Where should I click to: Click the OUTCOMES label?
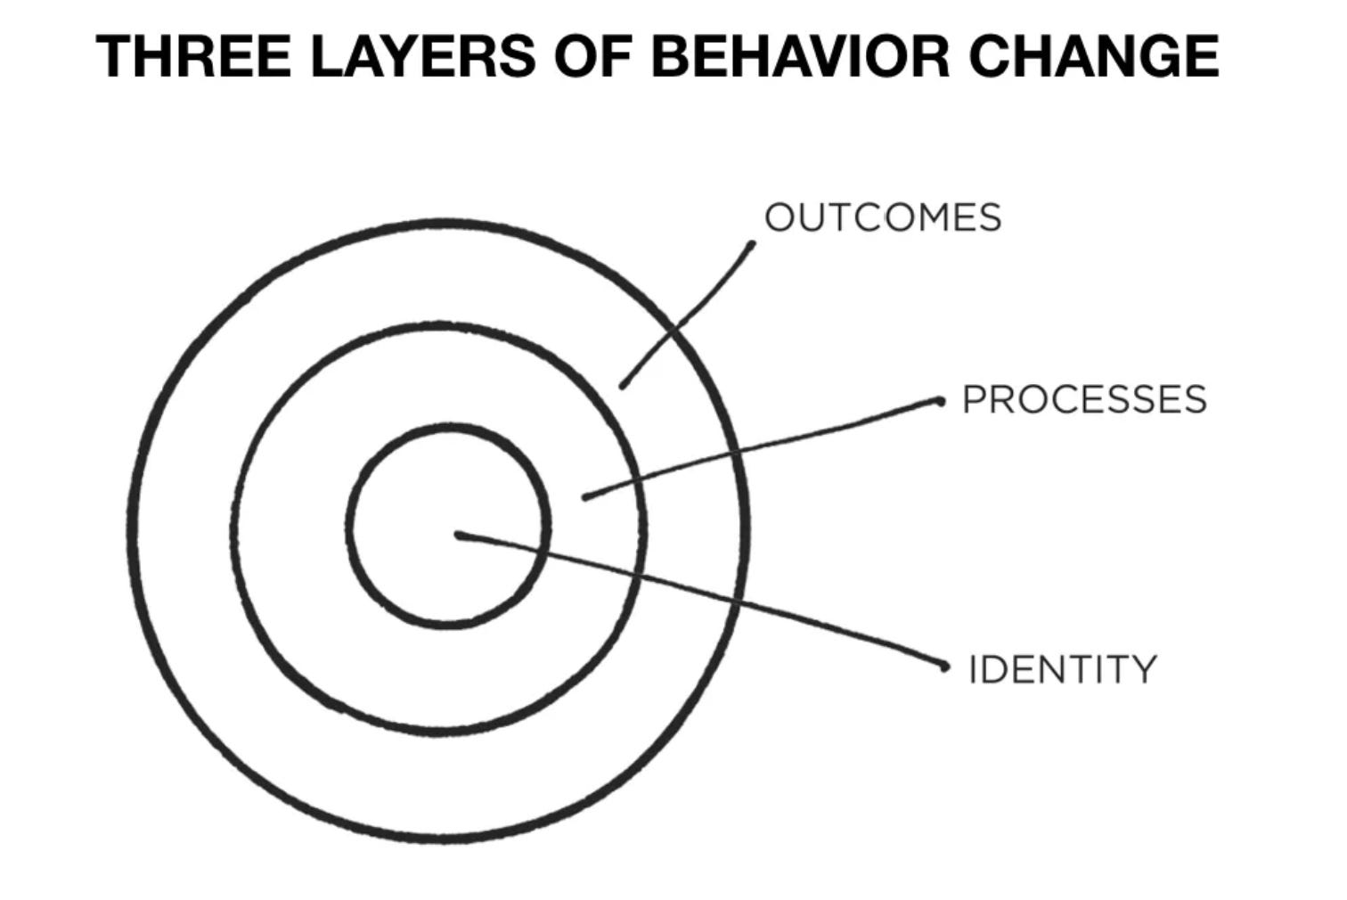[883, 217]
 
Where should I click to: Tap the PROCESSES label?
[1084, 399]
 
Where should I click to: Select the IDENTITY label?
[1062, 668]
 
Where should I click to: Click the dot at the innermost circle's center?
[459, 535]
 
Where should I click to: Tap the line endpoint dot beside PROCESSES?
[939, 402]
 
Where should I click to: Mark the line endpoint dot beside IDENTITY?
[945, 666]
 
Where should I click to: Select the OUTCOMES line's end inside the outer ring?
[623, 386]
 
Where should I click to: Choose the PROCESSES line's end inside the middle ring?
[585, 496]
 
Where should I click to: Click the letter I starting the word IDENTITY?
[973, 668]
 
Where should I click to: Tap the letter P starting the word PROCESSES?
[973, 399]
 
